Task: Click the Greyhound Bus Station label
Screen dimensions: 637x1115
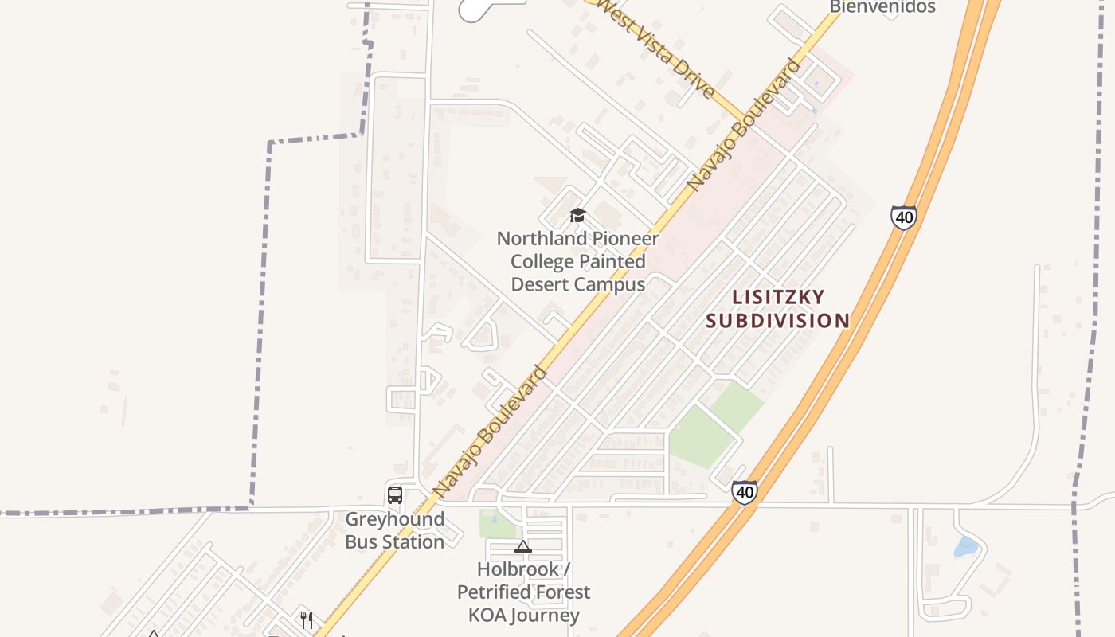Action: point(394,530)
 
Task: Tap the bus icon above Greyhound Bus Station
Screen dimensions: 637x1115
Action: point(395,494)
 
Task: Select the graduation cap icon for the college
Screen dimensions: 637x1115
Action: point(577,216)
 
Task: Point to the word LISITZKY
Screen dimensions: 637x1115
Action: point(778,297)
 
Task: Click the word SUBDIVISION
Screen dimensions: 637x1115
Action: point(777,321)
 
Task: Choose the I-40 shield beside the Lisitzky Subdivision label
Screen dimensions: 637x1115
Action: point(903,217)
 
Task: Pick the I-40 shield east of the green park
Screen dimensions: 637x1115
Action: point(745,491)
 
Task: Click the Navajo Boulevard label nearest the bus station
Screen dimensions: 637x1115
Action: point(491,431)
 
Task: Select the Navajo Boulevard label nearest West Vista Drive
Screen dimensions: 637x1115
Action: point(745,124)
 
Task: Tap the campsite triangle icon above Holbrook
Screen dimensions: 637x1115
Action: point(522,546)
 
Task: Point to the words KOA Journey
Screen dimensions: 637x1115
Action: point(523,616)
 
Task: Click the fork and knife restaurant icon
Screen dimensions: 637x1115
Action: point(307,619)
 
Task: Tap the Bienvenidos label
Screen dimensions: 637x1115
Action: point(882,7)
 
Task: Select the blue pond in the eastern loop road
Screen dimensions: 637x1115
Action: point(965,547)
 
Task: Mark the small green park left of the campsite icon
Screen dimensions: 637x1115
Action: point(497,524)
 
